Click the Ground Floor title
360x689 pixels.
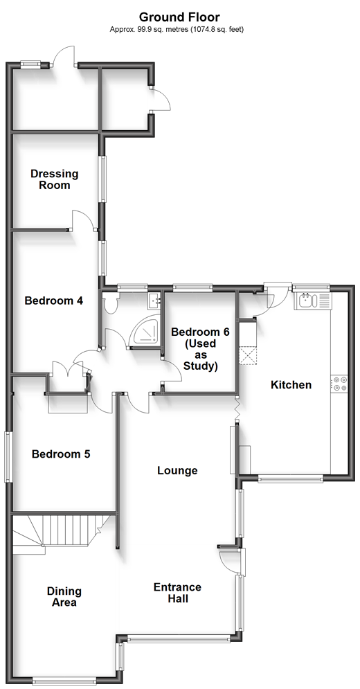[x=179, y=17]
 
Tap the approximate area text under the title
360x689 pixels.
[x=177, y=30]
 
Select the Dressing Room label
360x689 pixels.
[x=55, y=179]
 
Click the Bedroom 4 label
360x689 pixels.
[x=54, y=301]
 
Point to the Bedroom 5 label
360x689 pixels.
[x=61, y=454]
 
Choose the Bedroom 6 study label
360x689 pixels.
[x=201, y=349]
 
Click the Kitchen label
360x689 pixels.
[x=291, y=385]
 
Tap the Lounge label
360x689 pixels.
[x=178, y=471]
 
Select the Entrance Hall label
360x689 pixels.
[x=178, y=593]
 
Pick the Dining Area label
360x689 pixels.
[x=64, y=597]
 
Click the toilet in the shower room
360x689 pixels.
[x=109, y=303]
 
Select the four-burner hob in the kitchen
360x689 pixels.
[x=339, y=383]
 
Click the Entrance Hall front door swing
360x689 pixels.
[x=228, y=560]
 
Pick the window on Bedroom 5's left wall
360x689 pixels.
[x=8, y=457]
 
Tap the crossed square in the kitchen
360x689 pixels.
[x=247, y=356]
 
